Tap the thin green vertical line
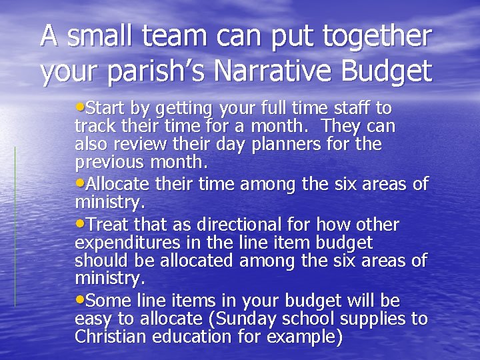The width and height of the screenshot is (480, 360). coord(15,227)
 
